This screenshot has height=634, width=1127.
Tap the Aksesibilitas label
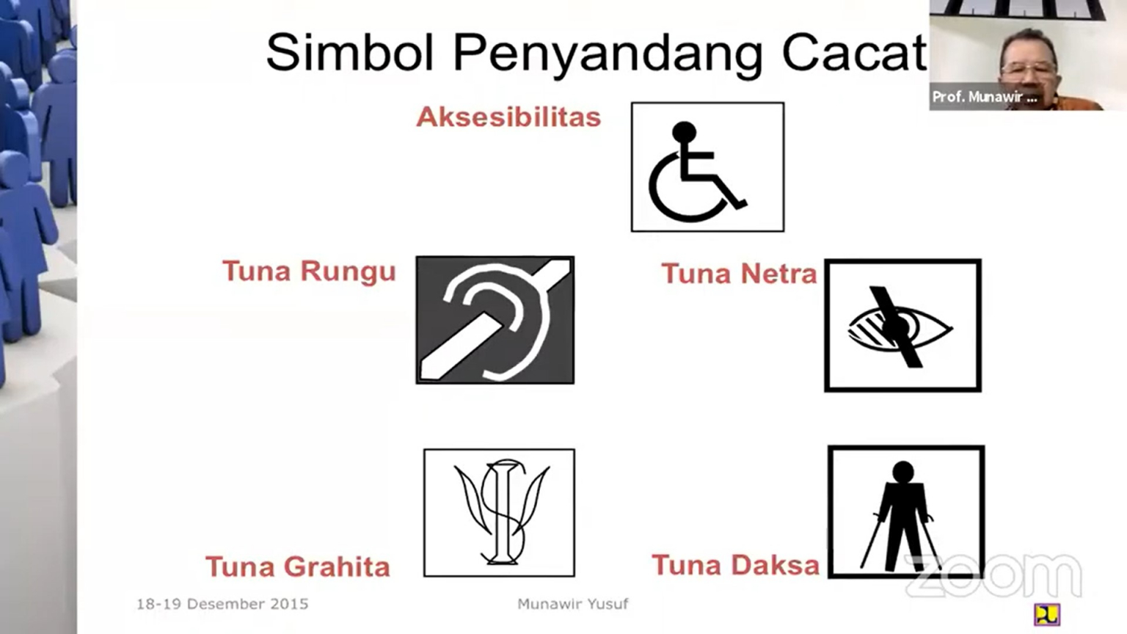pos(508,117)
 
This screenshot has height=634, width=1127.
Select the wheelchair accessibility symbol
pos(707,167)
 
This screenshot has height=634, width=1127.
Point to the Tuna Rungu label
pos(309,271)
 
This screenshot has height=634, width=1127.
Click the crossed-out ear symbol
pos(495,320)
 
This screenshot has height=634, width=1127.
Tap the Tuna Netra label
pos(739,274)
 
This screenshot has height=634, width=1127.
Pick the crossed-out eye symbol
pos(902,325)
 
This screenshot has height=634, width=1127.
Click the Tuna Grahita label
pos(297,566)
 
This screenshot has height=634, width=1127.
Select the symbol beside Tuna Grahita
pos(499,512)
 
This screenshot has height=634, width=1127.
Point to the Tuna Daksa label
pos(735,565)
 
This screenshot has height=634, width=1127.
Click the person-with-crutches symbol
pos(906,511)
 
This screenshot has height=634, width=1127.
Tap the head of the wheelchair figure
pos(685,131)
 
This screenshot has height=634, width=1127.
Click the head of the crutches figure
pos(902,471)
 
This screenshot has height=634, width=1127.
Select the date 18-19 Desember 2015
pos(222,604)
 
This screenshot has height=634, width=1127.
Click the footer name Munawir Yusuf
pos(572,604)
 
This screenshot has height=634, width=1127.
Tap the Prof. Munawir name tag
pos(984,97)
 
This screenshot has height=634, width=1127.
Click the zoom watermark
pos(994,576)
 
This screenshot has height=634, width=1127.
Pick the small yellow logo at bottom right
pos(1046,614)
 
